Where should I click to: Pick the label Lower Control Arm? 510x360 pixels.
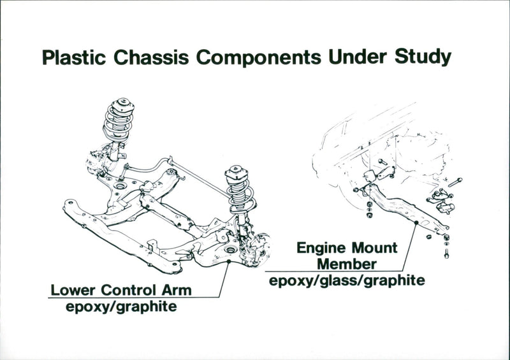[x=121, y=291]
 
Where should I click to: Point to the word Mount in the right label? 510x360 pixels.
[x=374, y=247]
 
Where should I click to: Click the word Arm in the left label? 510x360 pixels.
[x=179, y=291]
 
